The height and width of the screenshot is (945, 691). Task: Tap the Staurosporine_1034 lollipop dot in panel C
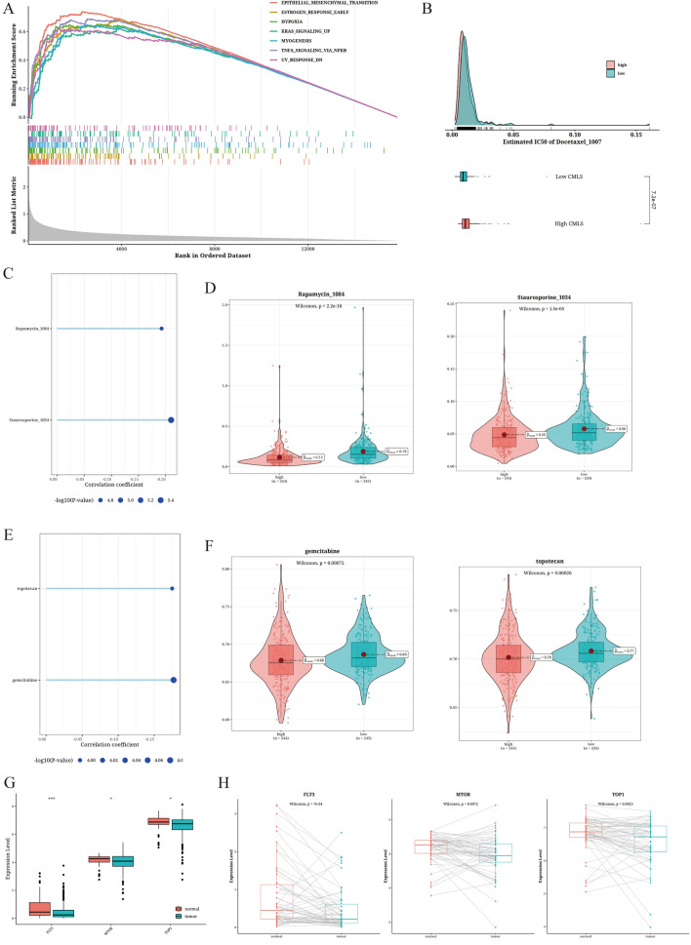[171, 419]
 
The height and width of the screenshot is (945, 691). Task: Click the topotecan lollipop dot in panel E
[172, 588]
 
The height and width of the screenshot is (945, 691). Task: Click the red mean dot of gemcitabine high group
[281, 660]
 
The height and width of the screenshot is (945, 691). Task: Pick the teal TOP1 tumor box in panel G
[154, 824]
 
